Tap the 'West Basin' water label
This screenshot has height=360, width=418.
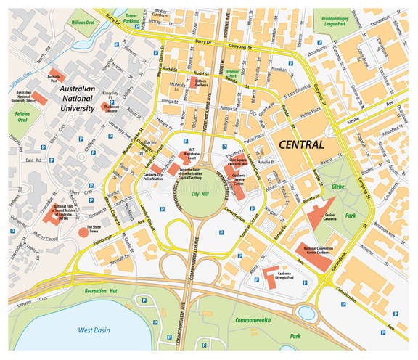pyautogui.click(x=94, y=330)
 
